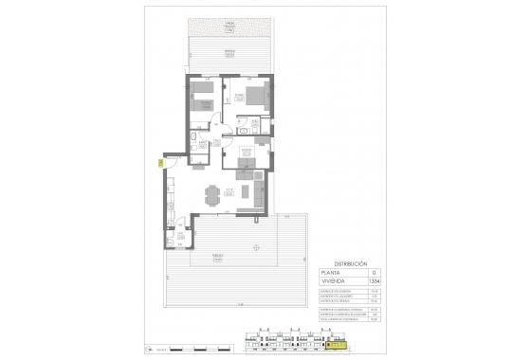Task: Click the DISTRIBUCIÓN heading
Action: pyautogui.click(x=351, y=264)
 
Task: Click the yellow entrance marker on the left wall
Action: pyautogui.click(x=162, y=163)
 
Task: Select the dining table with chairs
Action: pyautogui.click(x=212, y=195)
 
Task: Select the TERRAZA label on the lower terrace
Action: pyautogui.click(x=217, y=256)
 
